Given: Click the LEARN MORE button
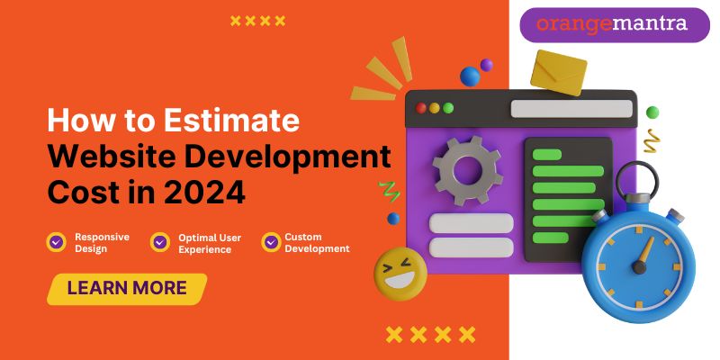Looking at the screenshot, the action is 127,289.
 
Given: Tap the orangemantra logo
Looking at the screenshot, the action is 615,25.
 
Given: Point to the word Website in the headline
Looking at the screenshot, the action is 111,157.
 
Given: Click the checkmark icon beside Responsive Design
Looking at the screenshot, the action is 57,241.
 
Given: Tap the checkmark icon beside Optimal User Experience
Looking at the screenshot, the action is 160,241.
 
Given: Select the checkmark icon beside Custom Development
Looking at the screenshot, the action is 272,241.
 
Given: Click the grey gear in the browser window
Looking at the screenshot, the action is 467,170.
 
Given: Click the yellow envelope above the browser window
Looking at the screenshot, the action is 558,73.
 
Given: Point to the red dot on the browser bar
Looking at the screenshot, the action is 421,108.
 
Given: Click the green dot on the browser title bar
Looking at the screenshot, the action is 448,108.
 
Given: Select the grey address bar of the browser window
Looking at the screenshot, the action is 571,109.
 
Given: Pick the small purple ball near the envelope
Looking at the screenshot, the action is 487,65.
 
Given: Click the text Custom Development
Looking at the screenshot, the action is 317,243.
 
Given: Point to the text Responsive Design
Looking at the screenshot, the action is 102,243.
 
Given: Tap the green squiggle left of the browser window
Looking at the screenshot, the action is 389,192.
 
